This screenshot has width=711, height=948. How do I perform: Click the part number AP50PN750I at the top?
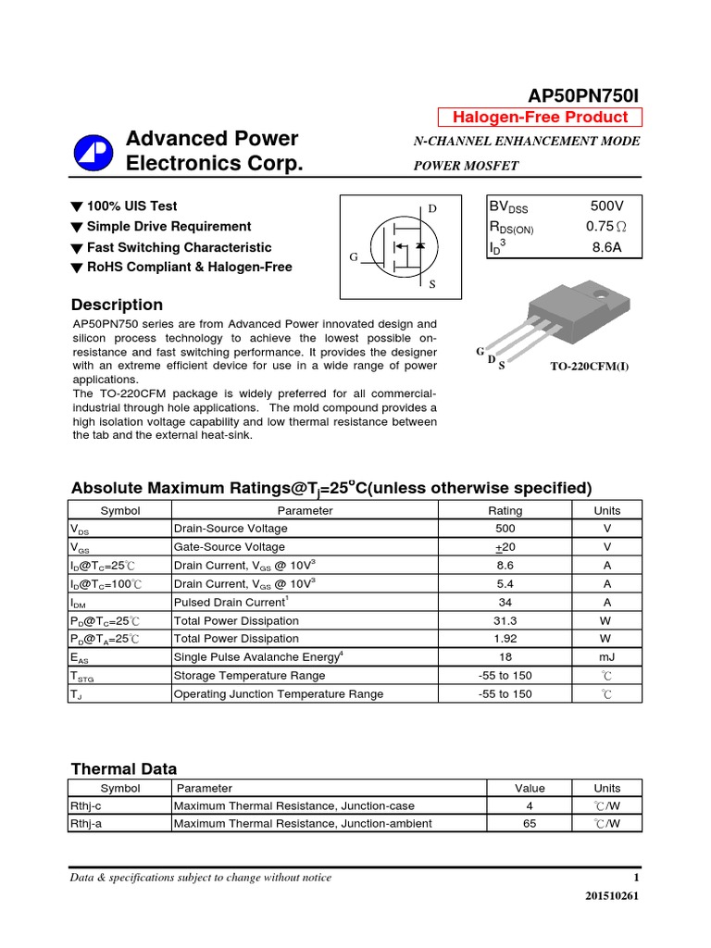583,95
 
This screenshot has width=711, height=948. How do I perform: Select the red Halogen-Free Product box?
539,117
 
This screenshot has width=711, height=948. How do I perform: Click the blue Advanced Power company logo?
93,151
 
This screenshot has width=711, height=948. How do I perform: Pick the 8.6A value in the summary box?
607,247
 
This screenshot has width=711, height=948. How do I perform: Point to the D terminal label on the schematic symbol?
432,208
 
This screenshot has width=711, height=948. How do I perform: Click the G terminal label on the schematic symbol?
353,257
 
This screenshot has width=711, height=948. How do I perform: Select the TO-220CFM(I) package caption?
590,366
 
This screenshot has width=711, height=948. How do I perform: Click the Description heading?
117,305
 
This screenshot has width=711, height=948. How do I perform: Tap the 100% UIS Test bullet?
131,206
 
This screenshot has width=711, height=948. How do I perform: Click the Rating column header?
505,510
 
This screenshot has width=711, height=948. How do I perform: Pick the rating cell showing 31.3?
505,619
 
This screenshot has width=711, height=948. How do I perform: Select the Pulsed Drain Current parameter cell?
231,602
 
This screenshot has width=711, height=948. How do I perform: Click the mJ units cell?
607,656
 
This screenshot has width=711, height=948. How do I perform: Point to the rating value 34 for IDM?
505,602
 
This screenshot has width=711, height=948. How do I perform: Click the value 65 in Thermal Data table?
530,823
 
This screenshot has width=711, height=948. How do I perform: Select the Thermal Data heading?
124,768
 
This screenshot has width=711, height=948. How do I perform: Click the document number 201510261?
612,896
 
